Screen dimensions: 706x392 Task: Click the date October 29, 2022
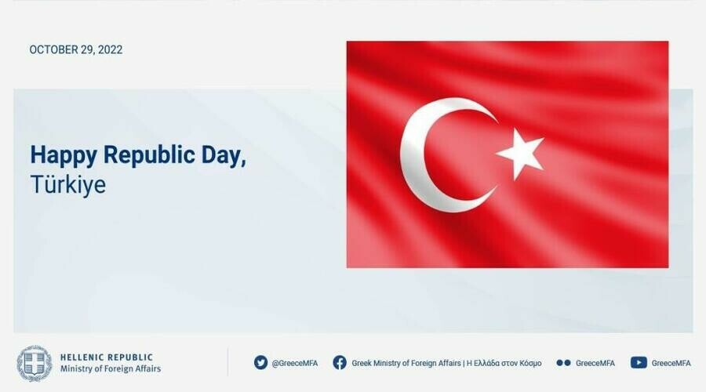click(x=75, y=49)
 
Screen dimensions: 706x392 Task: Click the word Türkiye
click(x=68, y=184)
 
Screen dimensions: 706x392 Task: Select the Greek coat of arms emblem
click(x=35, y=363)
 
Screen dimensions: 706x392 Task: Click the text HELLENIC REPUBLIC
click(x=107, y=358)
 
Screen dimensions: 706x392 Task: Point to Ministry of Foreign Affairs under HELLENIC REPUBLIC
click(x=111, y=369)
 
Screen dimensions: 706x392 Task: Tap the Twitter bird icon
click(x=260, y=362)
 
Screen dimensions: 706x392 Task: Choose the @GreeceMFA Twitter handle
click(x=294, y=363)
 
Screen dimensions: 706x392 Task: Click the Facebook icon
click(x=340, y=362)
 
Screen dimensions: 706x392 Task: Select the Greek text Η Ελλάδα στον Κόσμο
click(x=504, y=363)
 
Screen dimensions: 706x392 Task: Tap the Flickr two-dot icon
click(x=563, y=363)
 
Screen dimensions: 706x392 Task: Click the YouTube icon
click(x=639, y=362)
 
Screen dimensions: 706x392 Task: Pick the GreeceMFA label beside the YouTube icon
click(x=671, y=363)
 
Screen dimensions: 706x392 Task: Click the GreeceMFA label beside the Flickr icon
click(x=595, y=363)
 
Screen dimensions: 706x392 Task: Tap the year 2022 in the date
click(x=110, y=49)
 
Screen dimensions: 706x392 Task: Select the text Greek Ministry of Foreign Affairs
click(x=406, y=363)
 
